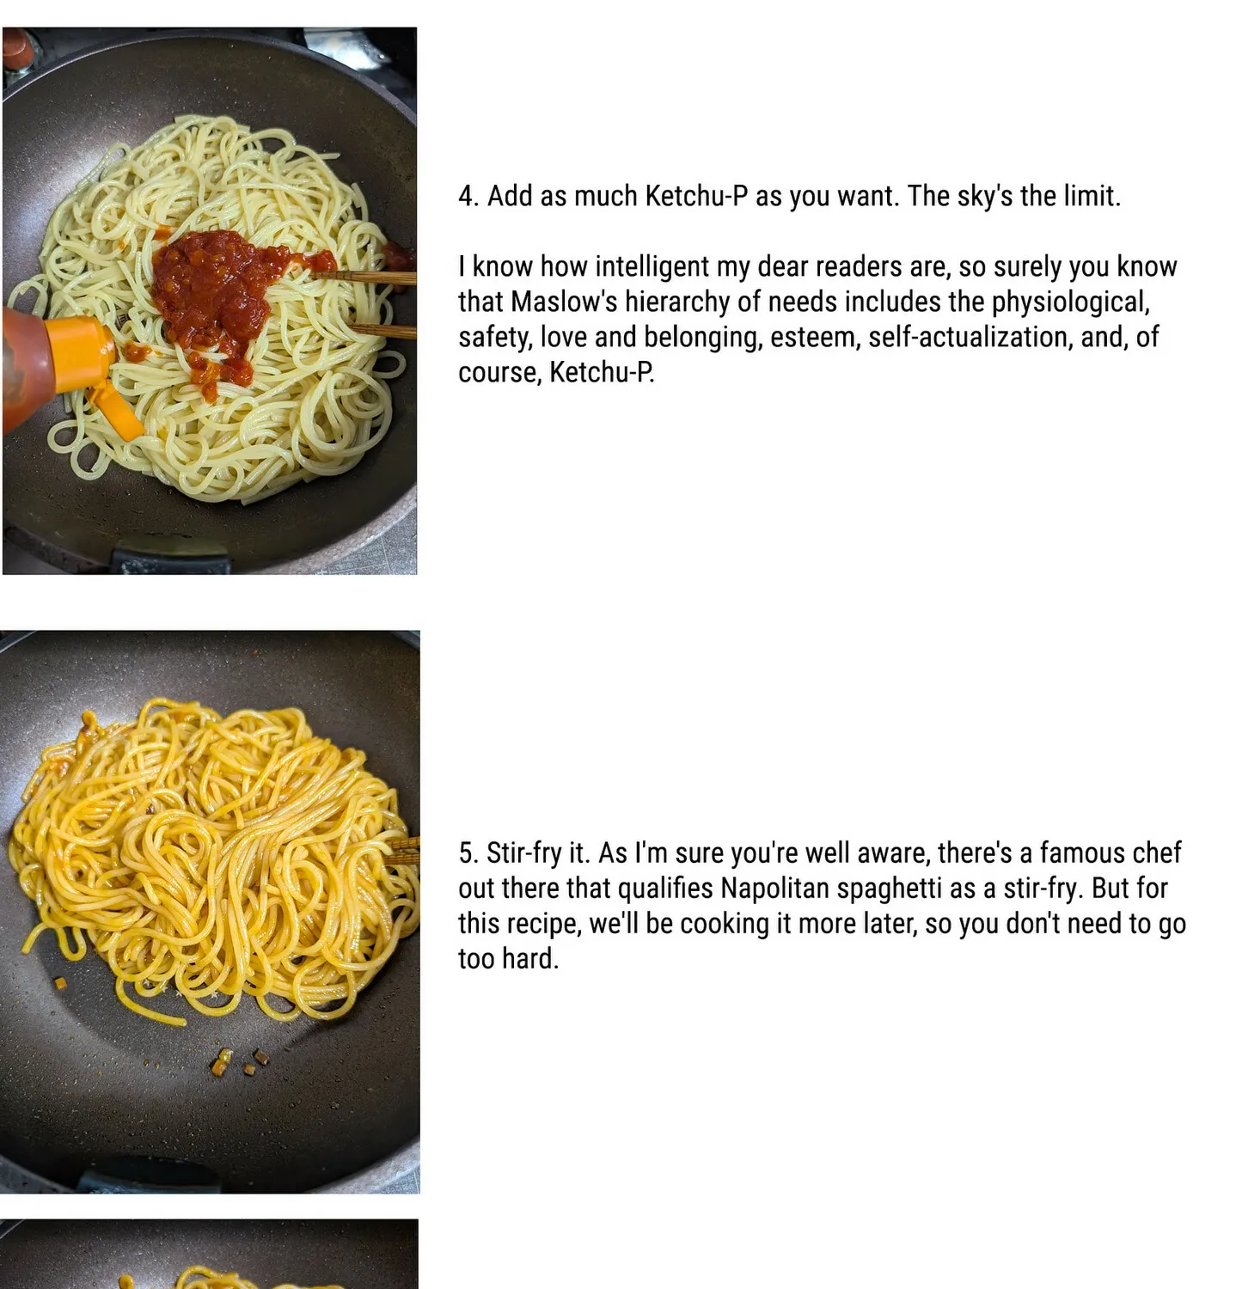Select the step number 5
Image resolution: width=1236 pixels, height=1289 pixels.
tap(468, 853)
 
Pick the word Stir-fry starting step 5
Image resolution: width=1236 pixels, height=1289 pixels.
tap(523, 853)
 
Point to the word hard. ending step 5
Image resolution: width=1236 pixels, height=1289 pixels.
tap(530, 958)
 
